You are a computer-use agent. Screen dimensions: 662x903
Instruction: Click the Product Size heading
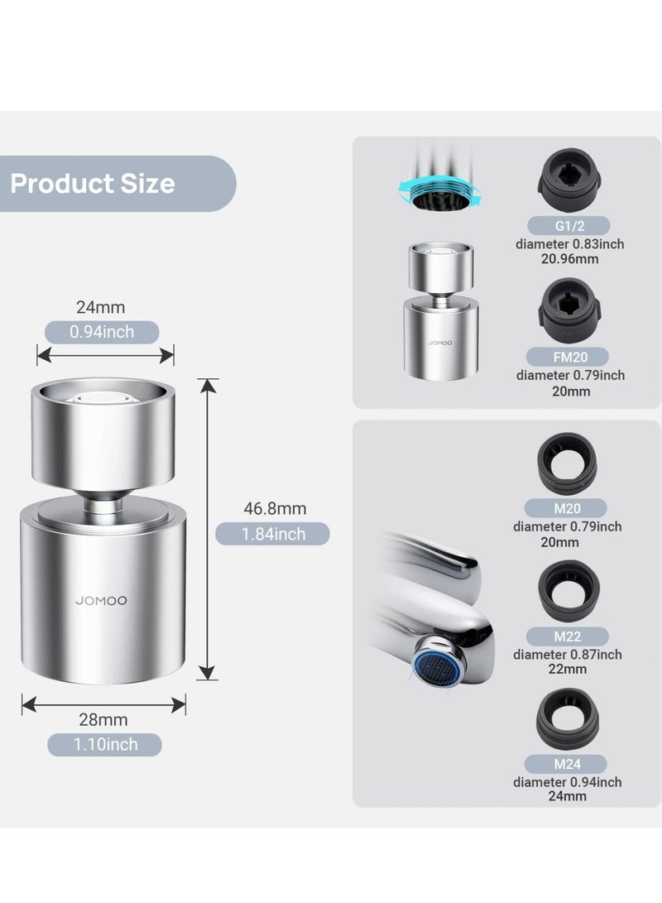93,184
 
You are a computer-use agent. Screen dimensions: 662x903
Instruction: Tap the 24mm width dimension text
101,307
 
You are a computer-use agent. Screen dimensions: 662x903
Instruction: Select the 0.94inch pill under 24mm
102,332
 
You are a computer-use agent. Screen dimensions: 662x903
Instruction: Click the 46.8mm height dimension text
275,508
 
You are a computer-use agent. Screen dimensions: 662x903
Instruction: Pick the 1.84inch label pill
272,534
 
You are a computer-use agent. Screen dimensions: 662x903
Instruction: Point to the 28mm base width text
103,719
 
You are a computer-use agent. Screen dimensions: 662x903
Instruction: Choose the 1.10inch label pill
105,745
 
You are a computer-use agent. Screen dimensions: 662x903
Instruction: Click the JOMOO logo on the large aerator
101,601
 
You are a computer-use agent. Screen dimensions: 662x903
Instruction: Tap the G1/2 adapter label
569,226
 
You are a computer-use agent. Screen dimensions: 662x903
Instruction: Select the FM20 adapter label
568,357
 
